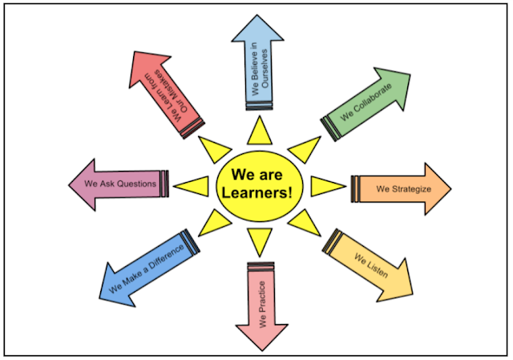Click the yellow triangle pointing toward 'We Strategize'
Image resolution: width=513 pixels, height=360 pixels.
(x=325, y=187)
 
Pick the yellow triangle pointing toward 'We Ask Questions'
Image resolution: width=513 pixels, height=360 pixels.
(x=191, y=186)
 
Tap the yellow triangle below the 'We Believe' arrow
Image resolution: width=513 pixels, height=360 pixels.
(x=258, y=131)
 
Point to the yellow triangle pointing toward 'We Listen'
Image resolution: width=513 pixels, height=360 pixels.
(x=305, y=224)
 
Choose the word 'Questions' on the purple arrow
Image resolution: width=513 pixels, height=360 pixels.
(x=136, y=184)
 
